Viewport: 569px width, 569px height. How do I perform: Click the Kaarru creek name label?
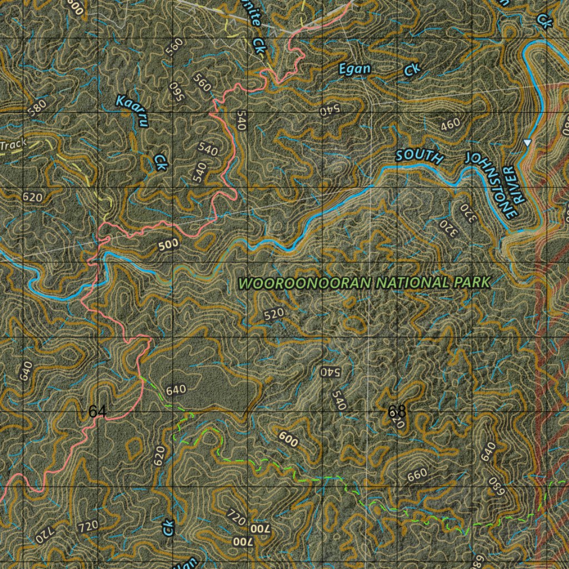click(x=132, y=110)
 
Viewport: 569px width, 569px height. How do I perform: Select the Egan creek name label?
click(x=355, y=69)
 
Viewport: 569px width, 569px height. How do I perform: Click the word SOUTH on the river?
click(x=420, y=156)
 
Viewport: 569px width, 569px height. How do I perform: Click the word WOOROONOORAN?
click(x=305, y=283)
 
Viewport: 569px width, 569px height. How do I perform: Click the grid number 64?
click(x=97, y=412)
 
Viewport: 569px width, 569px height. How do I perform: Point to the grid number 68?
click(x=397, y=412)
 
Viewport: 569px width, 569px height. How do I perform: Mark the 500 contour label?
click(x=168, y=243)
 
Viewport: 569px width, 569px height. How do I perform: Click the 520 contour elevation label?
click(x=274, y=314)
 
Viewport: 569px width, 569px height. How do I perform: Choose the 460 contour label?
click(x=451, y=124)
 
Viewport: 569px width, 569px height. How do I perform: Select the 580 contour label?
click(x=37, y=107)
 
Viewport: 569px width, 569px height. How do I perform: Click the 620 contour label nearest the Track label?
click(x=33, y=197)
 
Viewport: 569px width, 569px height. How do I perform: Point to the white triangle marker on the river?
click(x=527, y=143)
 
